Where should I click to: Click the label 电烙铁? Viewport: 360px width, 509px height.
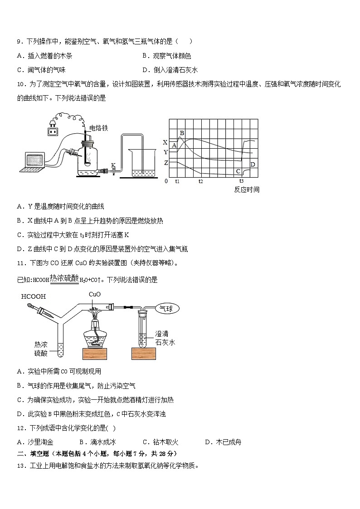point(99,128)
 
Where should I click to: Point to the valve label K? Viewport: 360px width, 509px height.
point(113,165)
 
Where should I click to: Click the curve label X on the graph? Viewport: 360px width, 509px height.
point(165,142)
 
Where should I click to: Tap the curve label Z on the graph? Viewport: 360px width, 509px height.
point(166,163)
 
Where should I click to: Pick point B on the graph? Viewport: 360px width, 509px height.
point(182,133)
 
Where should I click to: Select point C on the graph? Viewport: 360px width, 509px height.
point(238,171)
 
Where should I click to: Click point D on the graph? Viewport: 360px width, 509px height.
point(253,164)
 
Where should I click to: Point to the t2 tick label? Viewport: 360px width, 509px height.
point(200,181)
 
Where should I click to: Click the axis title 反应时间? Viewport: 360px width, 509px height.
point(247,190)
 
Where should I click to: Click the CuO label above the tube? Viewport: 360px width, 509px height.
point(95,294)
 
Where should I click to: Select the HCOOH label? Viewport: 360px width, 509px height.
point(34,297)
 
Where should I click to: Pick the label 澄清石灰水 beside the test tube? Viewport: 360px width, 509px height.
point(165,338)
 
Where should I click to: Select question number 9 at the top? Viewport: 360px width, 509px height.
point(19,42)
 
